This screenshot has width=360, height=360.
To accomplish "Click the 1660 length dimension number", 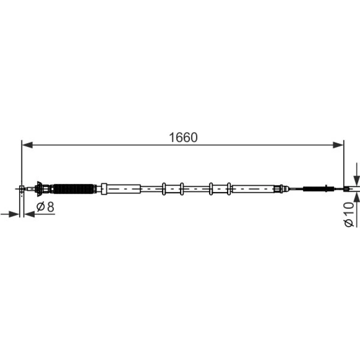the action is pyautogui.click(x=183, y=138).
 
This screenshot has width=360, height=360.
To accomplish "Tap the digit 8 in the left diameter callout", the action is pyautogui.click(x=50, y=207).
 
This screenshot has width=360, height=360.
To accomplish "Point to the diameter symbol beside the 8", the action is pyautogui.click(x=40, y=207).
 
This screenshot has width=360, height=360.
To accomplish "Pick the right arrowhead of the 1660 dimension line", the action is pyautogui.click(x=338, y=145).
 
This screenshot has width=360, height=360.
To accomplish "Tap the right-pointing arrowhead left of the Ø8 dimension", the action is pyautogui.click(x=14, y=215).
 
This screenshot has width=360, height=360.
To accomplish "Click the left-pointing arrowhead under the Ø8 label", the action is pyautogui.click(x=30, y=215).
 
